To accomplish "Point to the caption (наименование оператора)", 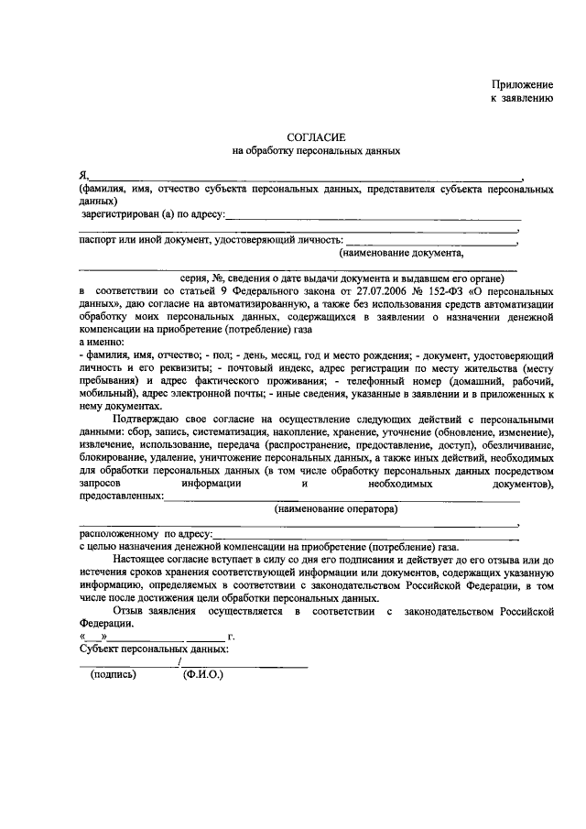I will tap(336, 508).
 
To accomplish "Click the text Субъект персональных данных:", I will tap(154, 649).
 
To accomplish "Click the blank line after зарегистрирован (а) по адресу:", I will tap(373, 218).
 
